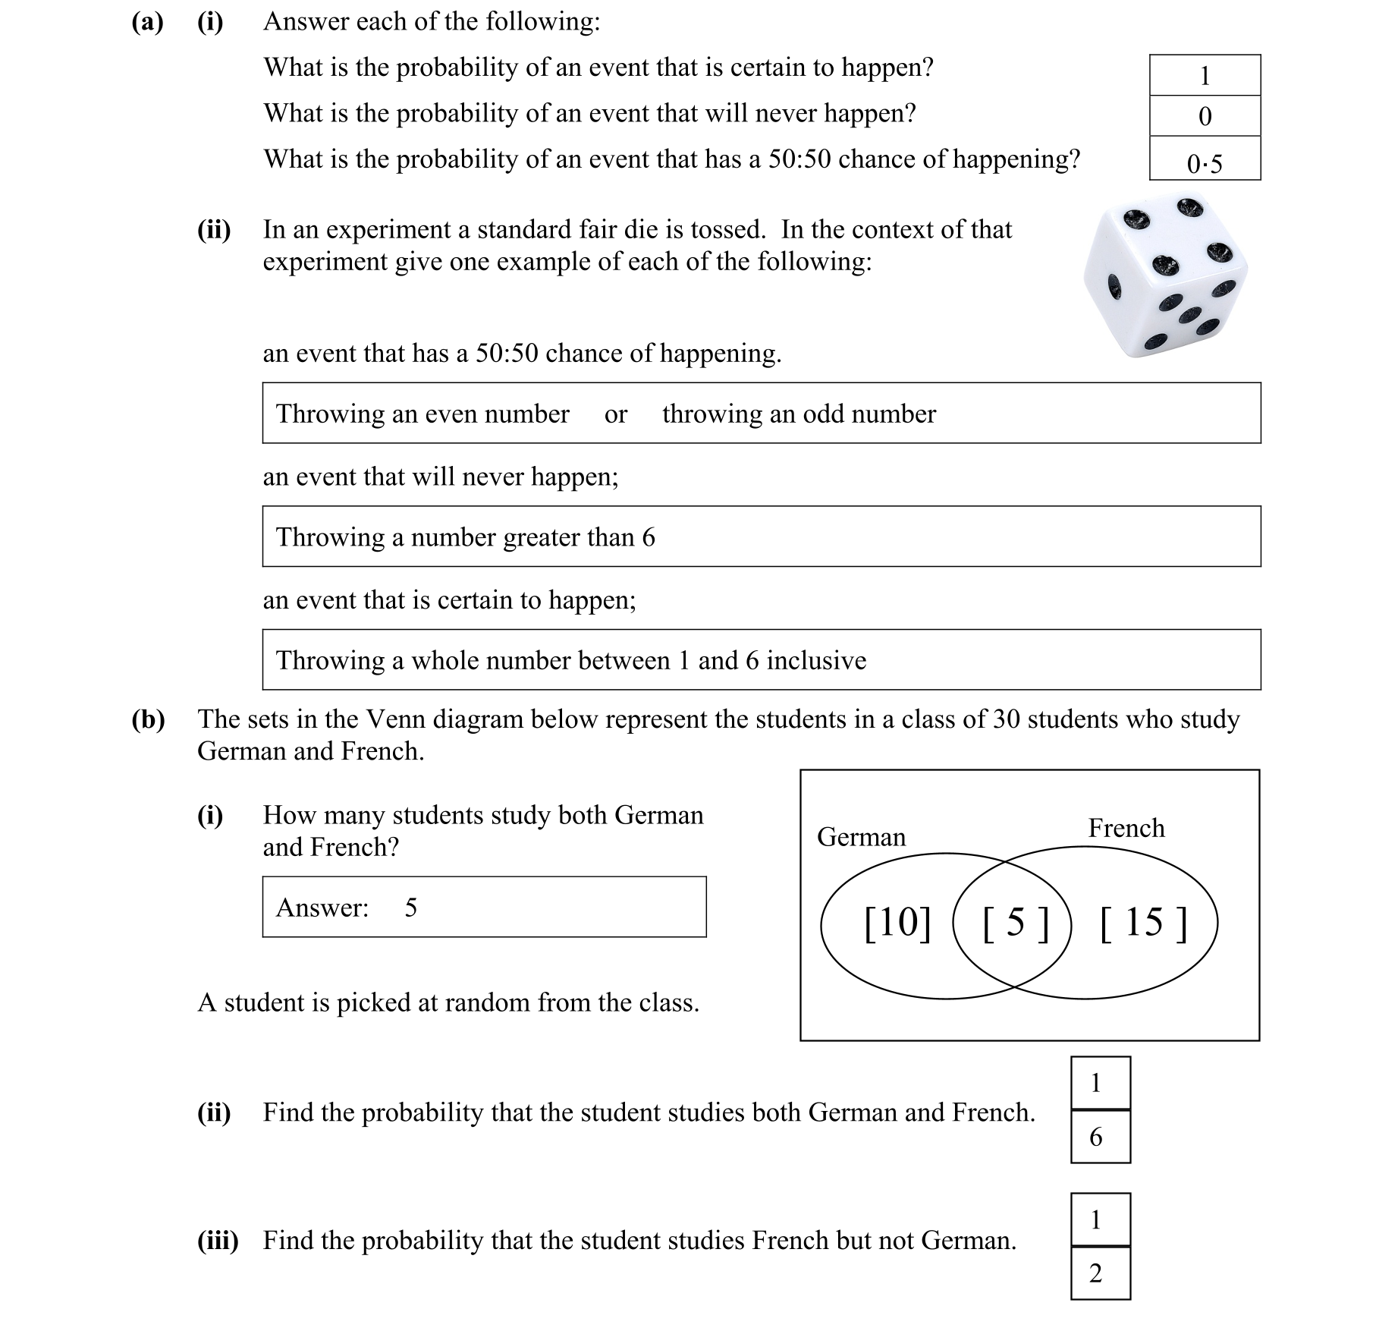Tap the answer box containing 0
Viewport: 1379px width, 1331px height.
1204,116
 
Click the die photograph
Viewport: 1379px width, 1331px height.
1164,277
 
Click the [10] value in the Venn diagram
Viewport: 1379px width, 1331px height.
897,923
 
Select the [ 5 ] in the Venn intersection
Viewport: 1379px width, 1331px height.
1014,923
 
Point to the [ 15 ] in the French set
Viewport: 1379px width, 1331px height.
1142,923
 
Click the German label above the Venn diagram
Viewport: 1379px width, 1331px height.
861,836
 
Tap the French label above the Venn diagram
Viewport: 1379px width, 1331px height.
1126,827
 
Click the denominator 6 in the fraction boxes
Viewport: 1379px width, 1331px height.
1095,1137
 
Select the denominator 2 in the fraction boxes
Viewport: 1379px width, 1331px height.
1095,1273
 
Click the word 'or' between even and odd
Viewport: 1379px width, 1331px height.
615,414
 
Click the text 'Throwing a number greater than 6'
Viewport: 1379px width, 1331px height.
465,537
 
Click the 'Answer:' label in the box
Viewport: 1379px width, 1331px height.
322,908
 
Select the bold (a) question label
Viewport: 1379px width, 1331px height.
147,22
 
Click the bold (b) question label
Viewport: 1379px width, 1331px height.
148,719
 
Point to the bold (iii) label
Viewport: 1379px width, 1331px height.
218,1241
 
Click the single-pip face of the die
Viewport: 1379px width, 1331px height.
1114,287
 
